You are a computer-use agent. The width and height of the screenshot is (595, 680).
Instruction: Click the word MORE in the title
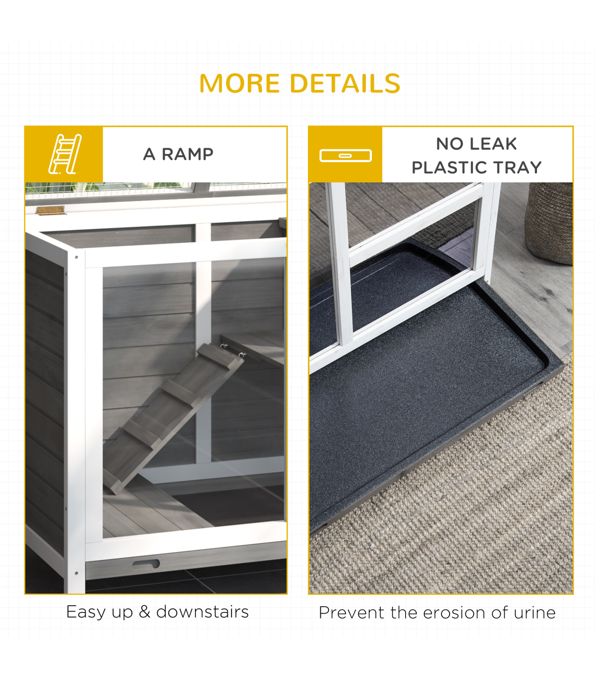239,83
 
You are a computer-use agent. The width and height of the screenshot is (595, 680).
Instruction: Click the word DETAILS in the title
345,83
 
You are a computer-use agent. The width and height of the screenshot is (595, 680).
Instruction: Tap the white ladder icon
65,154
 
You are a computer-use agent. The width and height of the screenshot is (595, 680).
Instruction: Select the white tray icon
346,156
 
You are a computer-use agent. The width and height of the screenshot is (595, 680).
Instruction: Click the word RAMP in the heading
187,154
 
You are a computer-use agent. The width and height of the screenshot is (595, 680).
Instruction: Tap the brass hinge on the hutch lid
50,210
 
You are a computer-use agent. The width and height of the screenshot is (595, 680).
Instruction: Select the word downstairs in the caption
202,612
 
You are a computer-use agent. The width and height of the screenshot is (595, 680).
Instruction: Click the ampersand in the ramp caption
145,612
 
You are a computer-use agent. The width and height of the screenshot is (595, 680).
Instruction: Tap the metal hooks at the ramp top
233,351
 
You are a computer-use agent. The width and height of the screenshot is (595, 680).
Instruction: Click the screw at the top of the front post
76,257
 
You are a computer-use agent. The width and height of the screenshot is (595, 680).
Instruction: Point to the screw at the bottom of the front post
76,573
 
